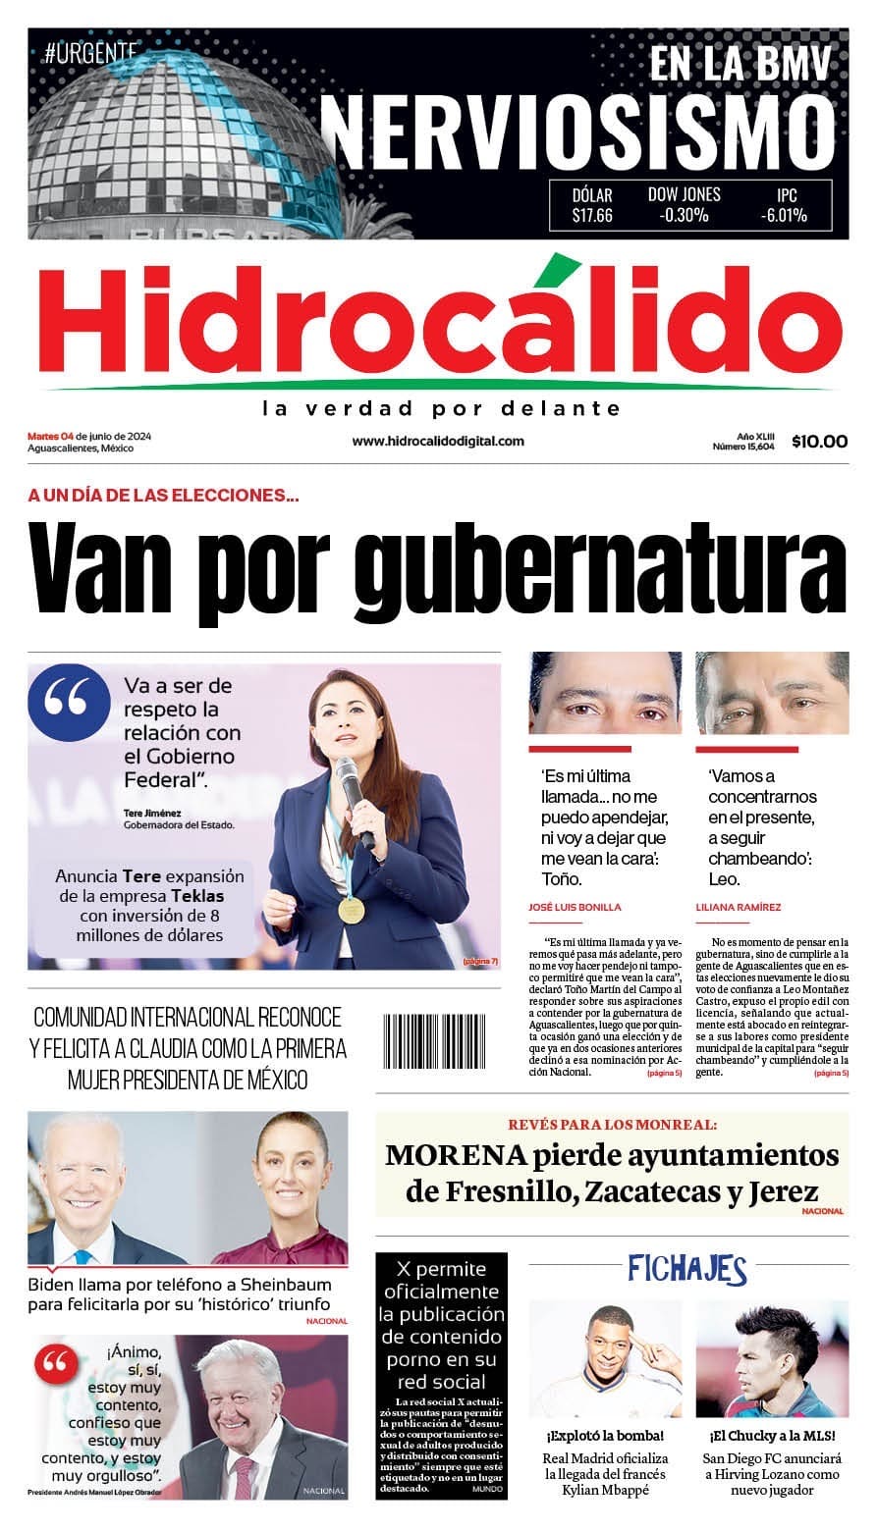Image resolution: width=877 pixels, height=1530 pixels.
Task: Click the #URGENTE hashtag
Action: [x=90, y=55]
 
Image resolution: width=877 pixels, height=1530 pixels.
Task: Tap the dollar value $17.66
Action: [x=592, y=216]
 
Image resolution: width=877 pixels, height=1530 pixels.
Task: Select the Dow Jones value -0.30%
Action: [x=684, y=216]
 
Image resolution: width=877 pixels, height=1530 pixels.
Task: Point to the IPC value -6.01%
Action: [x=784, y=216]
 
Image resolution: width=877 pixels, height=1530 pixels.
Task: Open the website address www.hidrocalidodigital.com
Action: [x=438, y=442]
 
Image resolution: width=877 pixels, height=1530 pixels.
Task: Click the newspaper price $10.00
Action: [x=819, y=442]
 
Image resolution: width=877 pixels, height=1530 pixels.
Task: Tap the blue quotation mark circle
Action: [x=70, y=702]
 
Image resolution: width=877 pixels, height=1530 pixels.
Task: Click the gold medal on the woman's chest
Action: [x=352, y=910]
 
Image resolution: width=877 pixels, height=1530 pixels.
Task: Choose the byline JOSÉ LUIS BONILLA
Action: [x=575, y=908]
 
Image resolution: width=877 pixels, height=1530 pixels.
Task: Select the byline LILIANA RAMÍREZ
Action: [x=739, y=908]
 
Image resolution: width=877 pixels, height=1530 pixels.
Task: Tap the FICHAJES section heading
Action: [x=687, y=1270]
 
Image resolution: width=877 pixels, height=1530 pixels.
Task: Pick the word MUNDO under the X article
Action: [x=487, y=1489]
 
